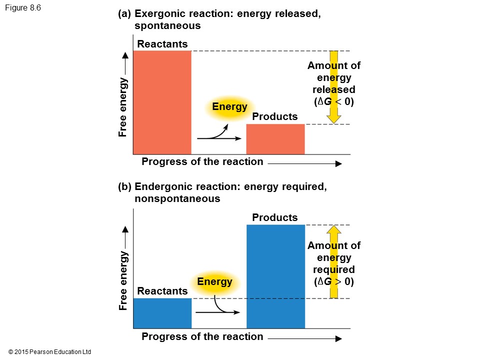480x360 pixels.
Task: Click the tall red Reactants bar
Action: pos(162,102)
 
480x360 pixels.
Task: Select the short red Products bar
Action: pos(275,139)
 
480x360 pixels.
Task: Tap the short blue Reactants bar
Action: pos(162,313)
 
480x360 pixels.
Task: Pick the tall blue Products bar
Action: pos(275,276)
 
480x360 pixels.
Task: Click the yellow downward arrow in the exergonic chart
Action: pos(334,87)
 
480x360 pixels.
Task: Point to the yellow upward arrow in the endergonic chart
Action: pos(334,262)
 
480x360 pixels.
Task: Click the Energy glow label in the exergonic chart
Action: pos(229,107)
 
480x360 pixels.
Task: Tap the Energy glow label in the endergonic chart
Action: pos(214,281)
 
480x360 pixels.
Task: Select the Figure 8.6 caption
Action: pos(24,8)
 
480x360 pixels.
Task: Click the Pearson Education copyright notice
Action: pos(50,352)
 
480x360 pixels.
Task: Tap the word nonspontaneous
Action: pos(177,198)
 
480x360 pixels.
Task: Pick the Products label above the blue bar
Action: pos(275,217)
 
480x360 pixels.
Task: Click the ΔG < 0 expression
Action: pos(334,102)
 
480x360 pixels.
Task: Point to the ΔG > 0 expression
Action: pos(334,281)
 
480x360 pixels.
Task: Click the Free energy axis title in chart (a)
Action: pos(122,107)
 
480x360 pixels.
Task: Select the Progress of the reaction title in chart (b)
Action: pos(202,336)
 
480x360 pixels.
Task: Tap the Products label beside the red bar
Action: pos(275,116)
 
